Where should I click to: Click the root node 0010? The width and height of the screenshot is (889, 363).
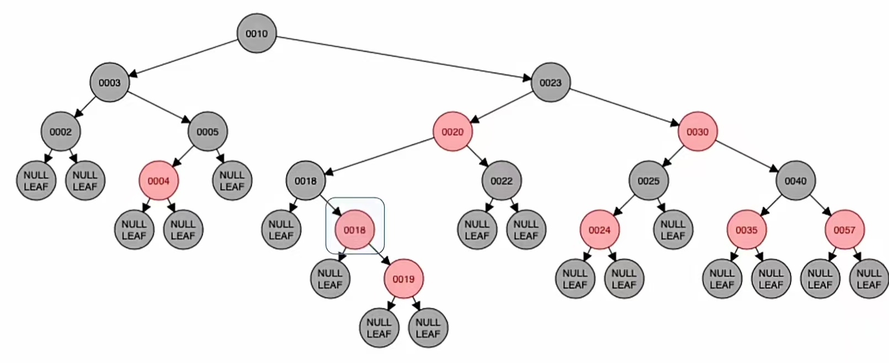tap(257, 34)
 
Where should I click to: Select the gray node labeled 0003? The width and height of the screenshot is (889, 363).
tap(109, 82)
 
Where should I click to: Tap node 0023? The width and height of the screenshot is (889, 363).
tap(550, 82)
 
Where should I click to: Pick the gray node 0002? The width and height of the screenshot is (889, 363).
tap(61, 131)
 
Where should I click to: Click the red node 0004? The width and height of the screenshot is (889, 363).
tap(158, 181)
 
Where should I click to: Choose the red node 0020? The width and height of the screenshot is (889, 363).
tap(453, 131)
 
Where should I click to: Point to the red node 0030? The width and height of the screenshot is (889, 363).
tap(698, 131)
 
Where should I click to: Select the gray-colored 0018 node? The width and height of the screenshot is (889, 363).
tap(305, 181)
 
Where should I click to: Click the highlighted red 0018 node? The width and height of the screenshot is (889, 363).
tap(354, 230)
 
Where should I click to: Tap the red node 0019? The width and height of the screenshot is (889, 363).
tap(403, 279)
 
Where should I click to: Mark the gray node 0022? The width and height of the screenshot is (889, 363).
tap(501, 181)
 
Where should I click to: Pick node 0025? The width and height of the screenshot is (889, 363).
tap(648, 181)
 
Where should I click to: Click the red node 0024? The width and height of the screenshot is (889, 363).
tap(599, 230)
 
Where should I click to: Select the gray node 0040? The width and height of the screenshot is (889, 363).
tap(795, 181)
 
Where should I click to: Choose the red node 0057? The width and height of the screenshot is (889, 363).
tap(844, 230)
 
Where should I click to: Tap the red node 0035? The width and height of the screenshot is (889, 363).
tap(746, 230)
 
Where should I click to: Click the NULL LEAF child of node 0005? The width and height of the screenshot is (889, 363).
tap(232, 181)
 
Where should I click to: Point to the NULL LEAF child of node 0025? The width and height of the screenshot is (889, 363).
tap(673, 230)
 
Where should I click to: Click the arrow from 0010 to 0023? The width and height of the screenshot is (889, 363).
tap(403, 57)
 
